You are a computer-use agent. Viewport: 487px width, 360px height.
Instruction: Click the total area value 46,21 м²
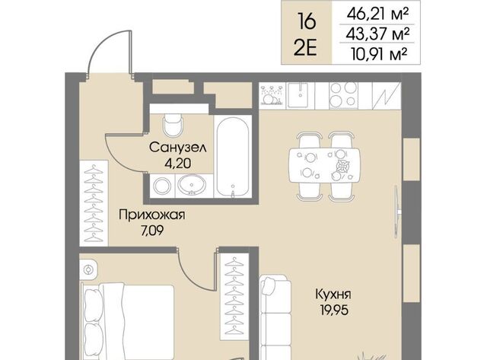pyautogui.click(x=377, y=14)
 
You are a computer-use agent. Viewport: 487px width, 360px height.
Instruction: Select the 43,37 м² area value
pyautogui.click(x=377, y=33)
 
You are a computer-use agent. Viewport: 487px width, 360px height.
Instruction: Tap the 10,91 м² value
pyautogui.click(x=379, y=54)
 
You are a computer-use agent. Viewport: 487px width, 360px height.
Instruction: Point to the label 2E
pyautogui.click(x=306, y=49)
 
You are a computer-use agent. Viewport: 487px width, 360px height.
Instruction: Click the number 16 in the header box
pyautogui.click(x=306, y=22)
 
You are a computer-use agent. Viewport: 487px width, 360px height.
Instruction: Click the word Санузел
pyautogui.click(x=177, y=147)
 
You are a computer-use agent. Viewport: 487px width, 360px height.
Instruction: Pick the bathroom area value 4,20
pyautogui.click(x=178, y=164)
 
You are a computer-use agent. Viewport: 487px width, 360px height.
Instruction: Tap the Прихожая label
pyautogui.click(x=152, y=215)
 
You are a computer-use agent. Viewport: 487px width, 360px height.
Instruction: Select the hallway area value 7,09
pyautogui.click(x=152, y=231)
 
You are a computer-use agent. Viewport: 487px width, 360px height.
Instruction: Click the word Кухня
pyautogui.click(x=333, y=294)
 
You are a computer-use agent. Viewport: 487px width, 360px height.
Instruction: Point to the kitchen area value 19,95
pyautogui.click(x=334, y=310)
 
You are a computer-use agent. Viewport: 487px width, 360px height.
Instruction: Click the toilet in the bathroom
pyautogui.click(x=173, y=125)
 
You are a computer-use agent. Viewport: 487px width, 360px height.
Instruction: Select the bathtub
pyautogui.click(x=233, y=157)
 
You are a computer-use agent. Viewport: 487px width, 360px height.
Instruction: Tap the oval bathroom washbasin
pyautogui.click(x=192, y=186)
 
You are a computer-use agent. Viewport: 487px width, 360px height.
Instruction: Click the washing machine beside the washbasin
pyautogui.click(x=162, y=186)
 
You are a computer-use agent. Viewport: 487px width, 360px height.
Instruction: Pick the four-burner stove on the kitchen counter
pyautogui.click(x=343, y=95)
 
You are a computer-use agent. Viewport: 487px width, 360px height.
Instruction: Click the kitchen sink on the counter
pyautogui.click(x=300, y=94)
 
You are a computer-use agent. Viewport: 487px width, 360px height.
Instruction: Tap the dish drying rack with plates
pyautogui.click(x=272, y=95)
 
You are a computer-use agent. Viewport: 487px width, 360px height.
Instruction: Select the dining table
pyautogui.click(x=325, y=165)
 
